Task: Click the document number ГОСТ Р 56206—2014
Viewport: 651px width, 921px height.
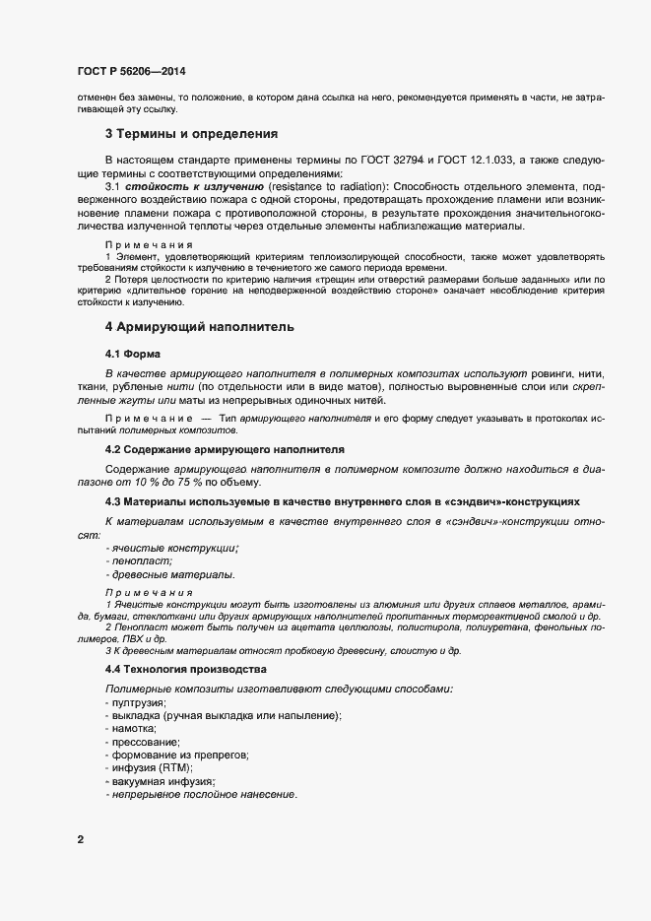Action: point(131,72)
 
